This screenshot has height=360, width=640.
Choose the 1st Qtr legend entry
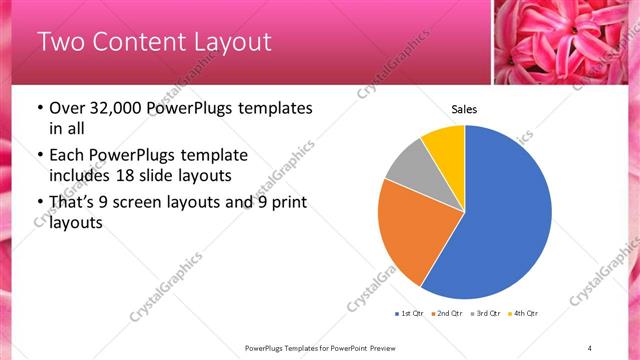click(x=410, y=314)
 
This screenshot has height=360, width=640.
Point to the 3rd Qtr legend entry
click(x=486, y=314)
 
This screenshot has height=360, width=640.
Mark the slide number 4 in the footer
click(x=589, y=347)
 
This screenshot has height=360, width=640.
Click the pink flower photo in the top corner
click(x=566, y=42)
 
